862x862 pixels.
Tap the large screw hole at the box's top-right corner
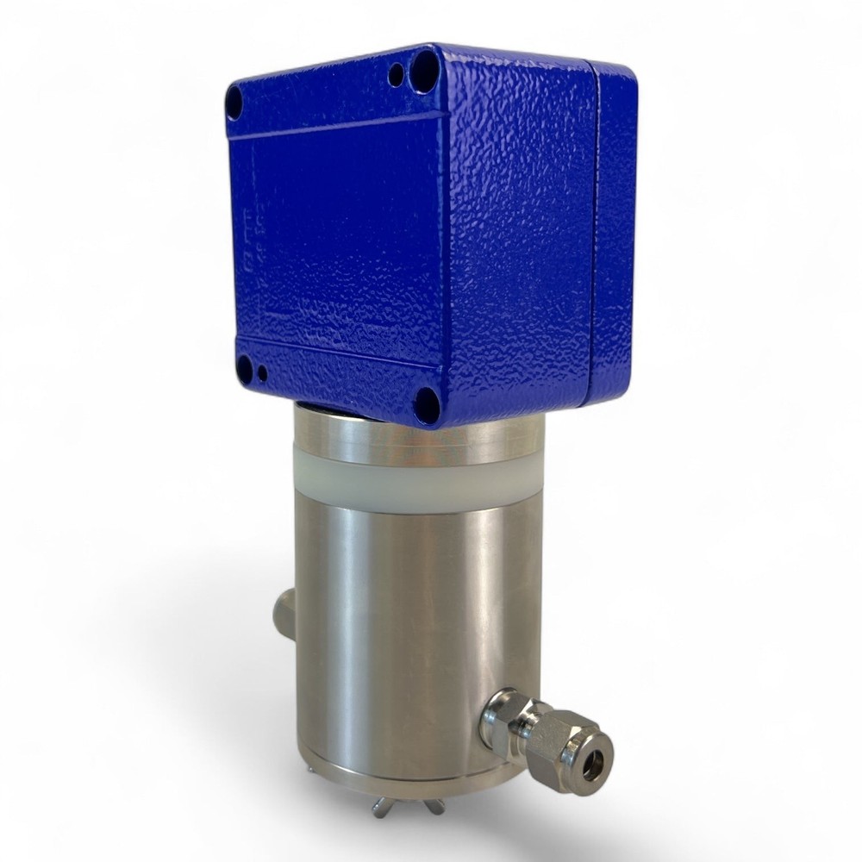pos(426,64)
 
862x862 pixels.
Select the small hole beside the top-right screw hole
pos(397,76)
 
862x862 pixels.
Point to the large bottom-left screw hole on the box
pos(244,369)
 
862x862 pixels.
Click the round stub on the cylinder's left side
pos(281,614)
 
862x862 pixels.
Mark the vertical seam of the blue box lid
pos(594,233)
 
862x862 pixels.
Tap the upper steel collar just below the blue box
pos(414,440)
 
